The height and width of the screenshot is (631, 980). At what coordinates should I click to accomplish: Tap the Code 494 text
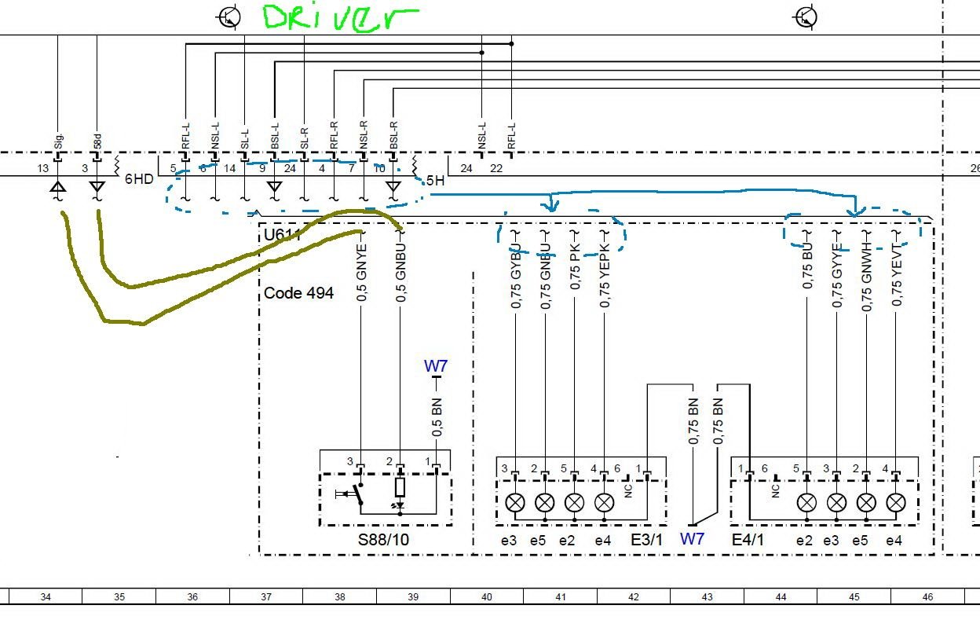pos(298,293)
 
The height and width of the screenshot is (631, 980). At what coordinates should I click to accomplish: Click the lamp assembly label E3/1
pos(647,541)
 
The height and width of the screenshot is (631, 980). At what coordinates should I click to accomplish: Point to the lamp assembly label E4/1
pos(748,541)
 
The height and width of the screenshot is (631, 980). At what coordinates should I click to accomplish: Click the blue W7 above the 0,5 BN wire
pos(436,366)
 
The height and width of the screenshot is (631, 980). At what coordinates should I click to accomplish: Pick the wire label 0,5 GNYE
pos(362,275)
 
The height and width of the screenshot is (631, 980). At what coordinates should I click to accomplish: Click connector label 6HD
pos(139,178)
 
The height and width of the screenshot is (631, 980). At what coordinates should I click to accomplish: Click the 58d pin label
pos(97,141)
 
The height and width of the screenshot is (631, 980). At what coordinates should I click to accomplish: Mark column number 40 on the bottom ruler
pos(487,597)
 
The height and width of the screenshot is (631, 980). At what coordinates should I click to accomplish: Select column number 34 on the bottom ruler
pos(46,597)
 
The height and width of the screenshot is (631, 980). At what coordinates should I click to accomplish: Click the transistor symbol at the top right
pos(806,17)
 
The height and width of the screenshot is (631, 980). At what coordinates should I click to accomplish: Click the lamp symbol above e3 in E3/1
pos(515,502)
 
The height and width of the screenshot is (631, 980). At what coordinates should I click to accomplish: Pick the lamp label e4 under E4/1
pos(894,541)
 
